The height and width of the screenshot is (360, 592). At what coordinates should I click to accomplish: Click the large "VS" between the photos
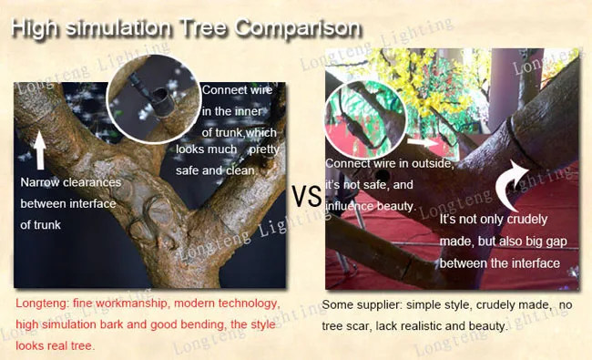[307, 196]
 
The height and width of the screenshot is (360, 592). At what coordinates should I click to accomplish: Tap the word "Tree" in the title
[203, 27]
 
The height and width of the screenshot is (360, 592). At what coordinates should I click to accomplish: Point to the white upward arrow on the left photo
[40, 149]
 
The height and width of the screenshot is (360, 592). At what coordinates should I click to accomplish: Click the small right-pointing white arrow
[423, 142]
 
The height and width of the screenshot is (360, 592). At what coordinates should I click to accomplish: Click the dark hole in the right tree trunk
[383, 175]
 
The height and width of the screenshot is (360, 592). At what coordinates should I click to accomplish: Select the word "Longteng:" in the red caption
[42, 303]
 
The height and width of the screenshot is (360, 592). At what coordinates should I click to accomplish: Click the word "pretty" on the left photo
[264, 150]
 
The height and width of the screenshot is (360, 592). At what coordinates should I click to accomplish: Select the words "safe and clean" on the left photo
[215, 170]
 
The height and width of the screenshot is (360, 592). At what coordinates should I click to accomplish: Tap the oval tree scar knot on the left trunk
[160, 212]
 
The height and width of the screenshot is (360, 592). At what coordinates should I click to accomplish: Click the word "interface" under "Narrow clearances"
[92, 204]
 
